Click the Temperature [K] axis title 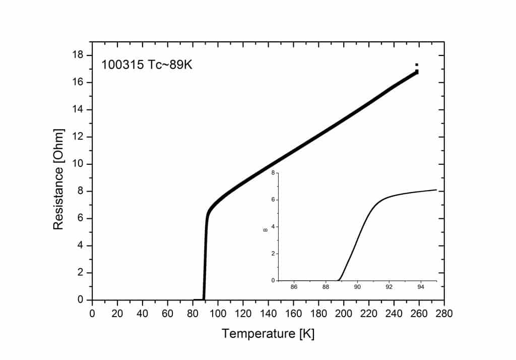pos(268,334)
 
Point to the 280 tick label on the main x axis pos(444,313)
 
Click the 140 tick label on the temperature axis pos(268,313)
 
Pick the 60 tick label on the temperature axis pos(167,313)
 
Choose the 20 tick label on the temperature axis pos(117,313)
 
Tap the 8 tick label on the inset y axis pos(273,173)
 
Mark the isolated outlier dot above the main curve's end pos(417,65)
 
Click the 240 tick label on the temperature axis pos(394,313)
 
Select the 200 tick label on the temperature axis pos(343,313)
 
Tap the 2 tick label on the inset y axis pos(273,254)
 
